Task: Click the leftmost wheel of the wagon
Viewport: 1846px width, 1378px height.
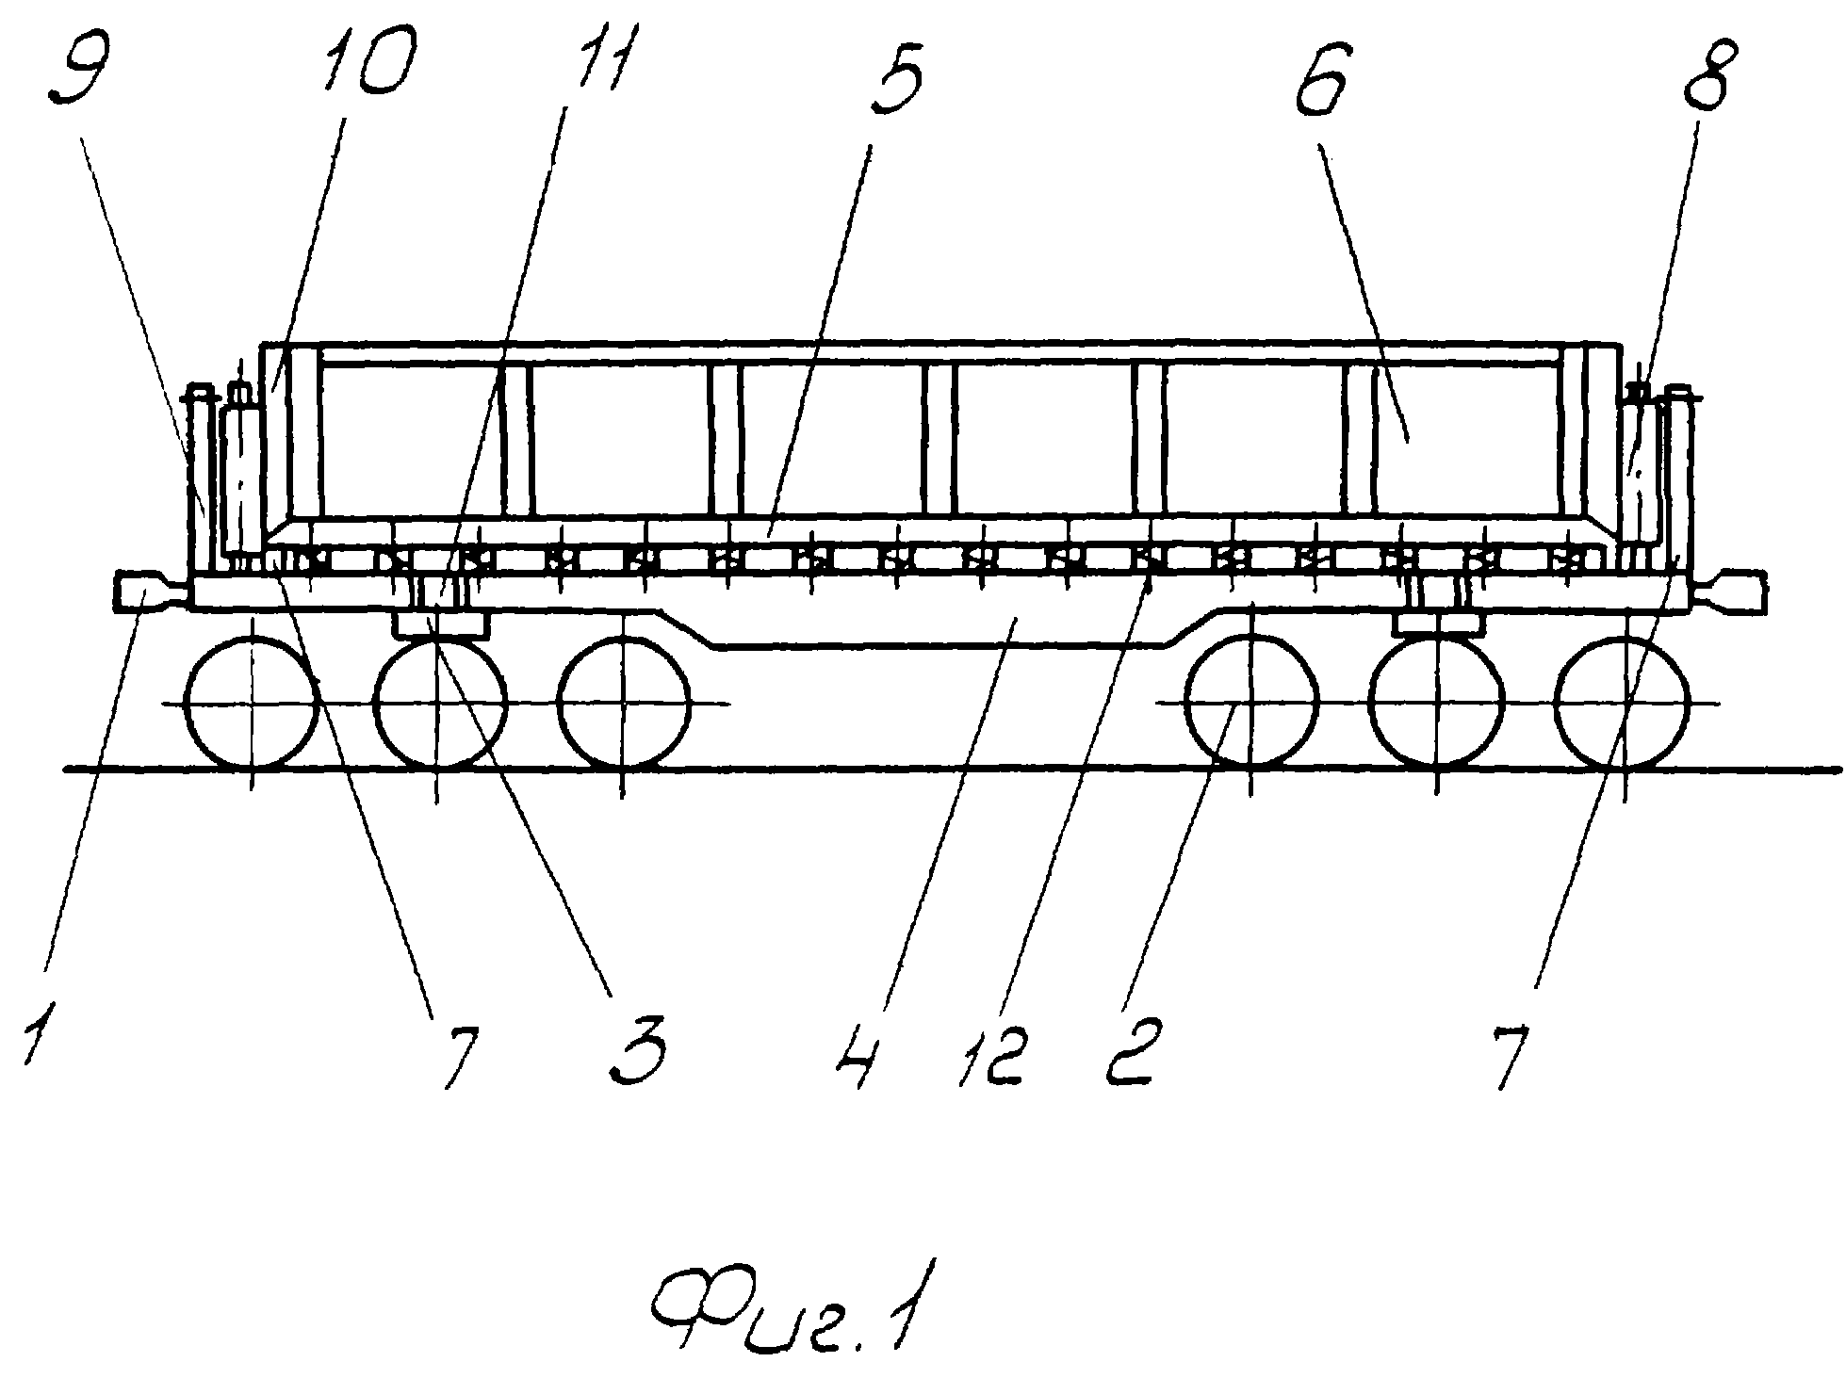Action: [x=253, y=704]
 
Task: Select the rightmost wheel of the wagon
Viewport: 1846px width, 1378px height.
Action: [x=1624, y=704]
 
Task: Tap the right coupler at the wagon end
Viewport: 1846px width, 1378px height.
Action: [x=1729, y=592]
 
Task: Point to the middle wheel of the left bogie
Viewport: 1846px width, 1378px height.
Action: [x=439, y=704]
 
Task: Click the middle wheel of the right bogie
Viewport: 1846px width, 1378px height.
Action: [x=1437, y=704]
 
